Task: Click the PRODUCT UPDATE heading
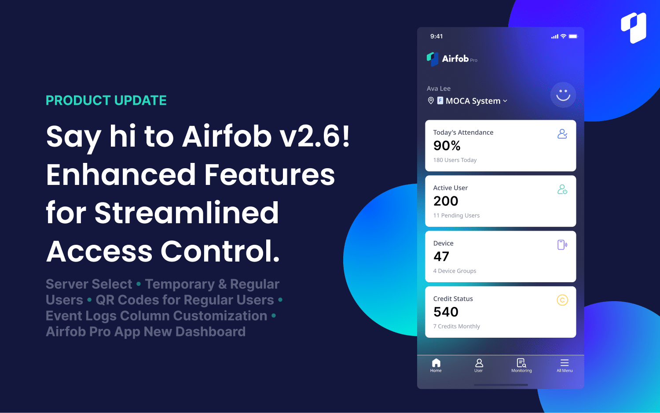pos(106,100)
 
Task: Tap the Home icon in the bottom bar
pos(436,363)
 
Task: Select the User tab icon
pos(479,363)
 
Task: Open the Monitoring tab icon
pos(521,363)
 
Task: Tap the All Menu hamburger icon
pos(565,363)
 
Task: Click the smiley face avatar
pos(563,95)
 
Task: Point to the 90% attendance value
pos(447,146)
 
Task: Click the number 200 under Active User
pos(446,201)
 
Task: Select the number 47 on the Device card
pos(441,257)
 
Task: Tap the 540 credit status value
pos(446,312)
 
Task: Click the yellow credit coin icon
pos(562,300)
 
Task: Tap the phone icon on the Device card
pos(562,245)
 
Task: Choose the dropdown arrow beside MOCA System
pos(505,101)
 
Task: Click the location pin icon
pos(431,101)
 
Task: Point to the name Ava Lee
pos(438,88)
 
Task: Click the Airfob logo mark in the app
pos(433,59)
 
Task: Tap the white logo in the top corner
pos(634,28)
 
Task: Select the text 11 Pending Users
pos(456,215)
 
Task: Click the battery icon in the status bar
pos(573,37)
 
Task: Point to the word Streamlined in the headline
pos(187,213)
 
